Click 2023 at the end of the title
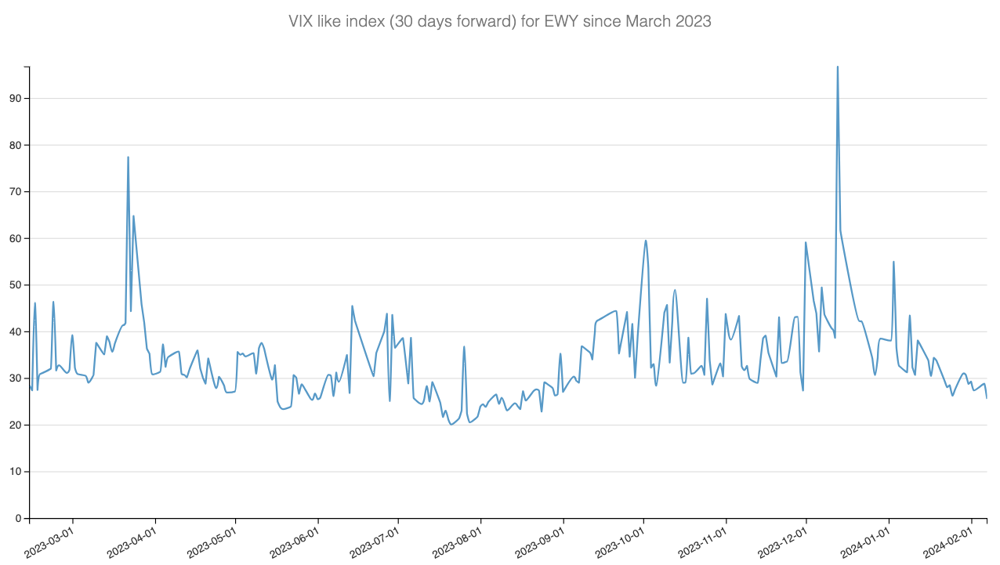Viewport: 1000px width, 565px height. point(693,21)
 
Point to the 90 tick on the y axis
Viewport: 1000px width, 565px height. point(16,99)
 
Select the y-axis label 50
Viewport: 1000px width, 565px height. point(16,285)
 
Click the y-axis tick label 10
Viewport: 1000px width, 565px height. point(16,472)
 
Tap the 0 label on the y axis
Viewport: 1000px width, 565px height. point(19,519)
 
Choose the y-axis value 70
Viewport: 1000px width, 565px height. point(16,192)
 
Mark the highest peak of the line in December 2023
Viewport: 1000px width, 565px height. point(837,67)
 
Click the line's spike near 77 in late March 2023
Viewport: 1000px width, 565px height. point(128,158)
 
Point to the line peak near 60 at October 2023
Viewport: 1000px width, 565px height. point(646,241)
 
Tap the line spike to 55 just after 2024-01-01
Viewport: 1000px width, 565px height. point(893,262)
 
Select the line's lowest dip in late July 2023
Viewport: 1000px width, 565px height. point(451,424)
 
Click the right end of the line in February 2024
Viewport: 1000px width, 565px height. point(987,398)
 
